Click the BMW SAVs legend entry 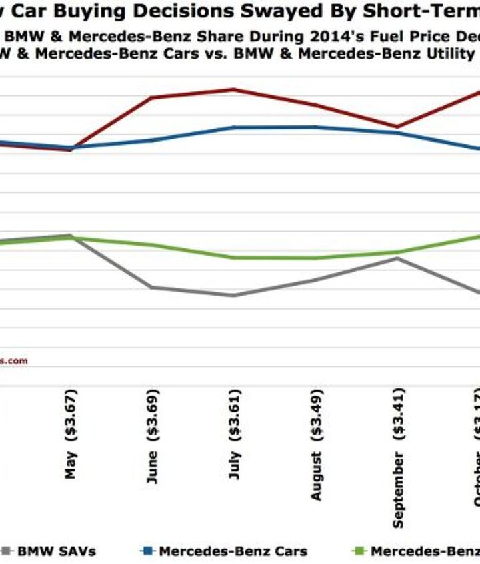point(56,551)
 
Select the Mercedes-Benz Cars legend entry point(233,551)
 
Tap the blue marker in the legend point(148,551)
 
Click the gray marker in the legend point(7,551)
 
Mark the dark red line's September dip point(397,127)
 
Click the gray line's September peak point(397,258)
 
